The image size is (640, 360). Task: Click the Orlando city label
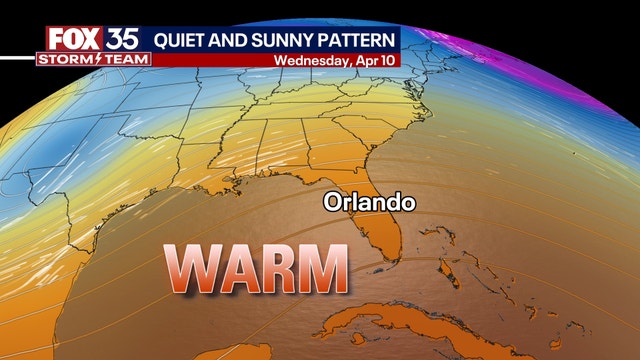(x=368, y=202)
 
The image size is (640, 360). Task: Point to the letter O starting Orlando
(x=331, y=202)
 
